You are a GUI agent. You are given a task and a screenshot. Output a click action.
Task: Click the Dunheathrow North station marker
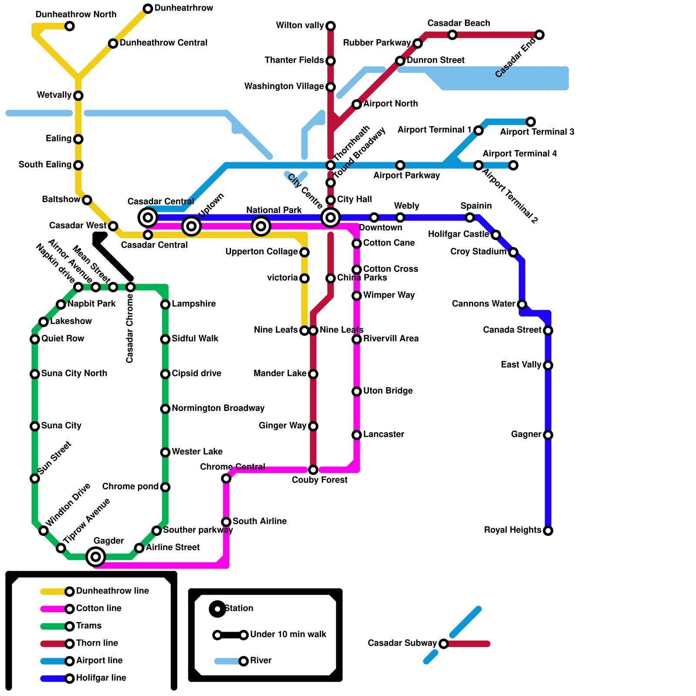coord(70,26)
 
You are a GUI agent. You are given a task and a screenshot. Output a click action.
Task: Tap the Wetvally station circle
coord(78,96)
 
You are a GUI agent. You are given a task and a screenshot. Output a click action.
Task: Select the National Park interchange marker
coord(261,226)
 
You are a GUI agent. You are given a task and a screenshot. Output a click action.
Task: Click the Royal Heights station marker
coord(548,531)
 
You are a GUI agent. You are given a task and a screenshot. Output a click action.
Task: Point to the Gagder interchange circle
coord(96,557)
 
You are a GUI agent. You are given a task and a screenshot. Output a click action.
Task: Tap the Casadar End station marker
coord(539,35)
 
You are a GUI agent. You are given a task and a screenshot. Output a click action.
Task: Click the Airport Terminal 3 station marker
coord(531,122)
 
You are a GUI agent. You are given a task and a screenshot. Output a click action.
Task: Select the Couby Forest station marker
coord(313,470)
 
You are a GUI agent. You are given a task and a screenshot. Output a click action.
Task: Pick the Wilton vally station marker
coord(331,26)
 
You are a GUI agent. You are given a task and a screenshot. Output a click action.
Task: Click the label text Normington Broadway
coord(218,408)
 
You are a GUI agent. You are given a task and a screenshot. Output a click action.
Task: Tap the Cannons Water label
coord(484,304)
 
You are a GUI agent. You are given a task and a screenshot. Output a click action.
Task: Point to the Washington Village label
coord(284,87)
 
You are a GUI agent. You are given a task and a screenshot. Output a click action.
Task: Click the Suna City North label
coord(74,374)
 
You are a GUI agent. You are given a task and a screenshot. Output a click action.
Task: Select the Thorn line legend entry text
coord(97,643)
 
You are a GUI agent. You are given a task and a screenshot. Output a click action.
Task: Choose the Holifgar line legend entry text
coord(101,678)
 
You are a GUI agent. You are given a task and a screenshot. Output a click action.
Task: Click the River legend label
coord(261,661)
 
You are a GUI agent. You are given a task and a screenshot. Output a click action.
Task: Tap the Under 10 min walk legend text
coord(288,635)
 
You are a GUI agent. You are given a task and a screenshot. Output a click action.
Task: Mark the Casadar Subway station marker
coord(444,644)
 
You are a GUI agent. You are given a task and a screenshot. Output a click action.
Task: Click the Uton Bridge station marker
coord(357,391)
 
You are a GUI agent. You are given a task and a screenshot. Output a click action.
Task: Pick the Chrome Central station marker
coord(226,478)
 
